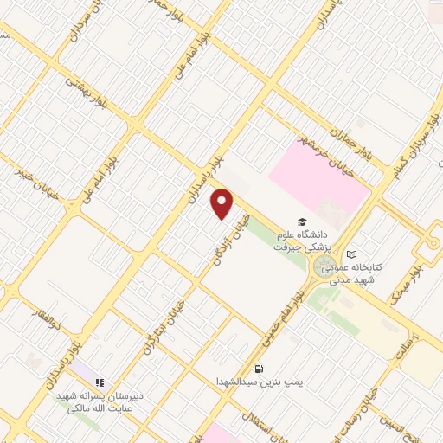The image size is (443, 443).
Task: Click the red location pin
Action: (x=222, y=203)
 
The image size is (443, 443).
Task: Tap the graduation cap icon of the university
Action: (x=301, y=222)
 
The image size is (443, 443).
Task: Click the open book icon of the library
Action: (x=351, y=254)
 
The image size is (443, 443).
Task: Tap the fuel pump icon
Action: (x=259, y=367)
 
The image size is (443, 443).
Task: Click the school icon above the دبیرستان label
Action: (x=100, y=381)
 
